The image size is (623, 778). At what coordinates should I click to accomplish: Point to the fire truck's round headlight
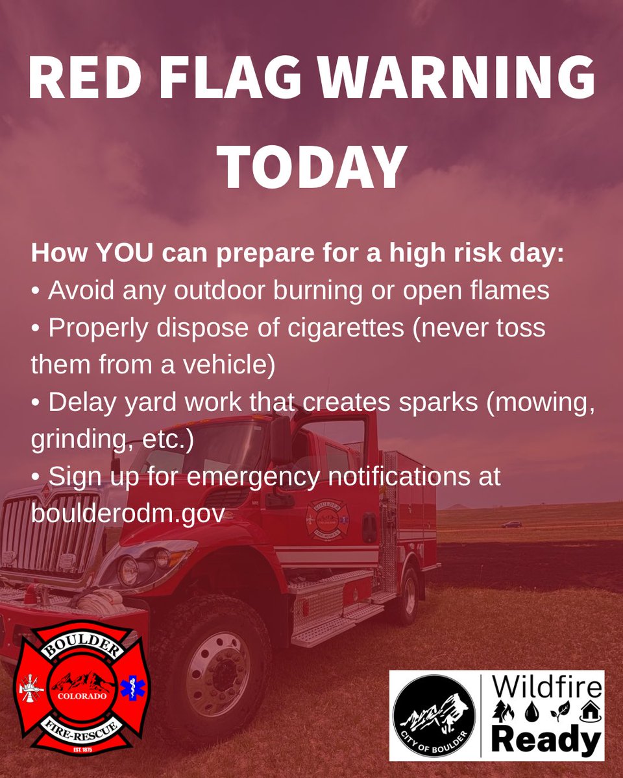point(128,571)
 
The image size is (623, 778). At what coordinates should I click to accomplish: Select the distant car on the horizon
point(511,524)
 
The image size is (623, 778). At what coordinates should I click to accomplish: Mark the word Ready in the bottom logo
point(546,740)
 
